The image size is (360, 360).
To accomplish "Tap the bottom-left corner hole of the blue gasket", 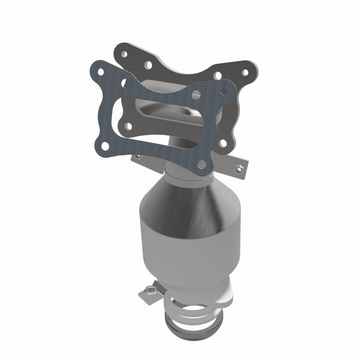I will (x=104, y=145).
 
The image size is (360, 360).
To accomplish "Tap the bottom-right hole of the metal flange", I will (x=222, y=143).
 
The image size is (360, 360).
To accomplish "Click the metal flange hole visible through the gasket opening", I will (x=128, y=125).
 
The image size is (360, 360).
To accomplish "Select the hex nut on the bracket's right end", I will (x=239, y=168).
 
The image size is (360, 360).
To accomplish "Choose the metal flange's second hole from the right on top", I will (x=218, y=75).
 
